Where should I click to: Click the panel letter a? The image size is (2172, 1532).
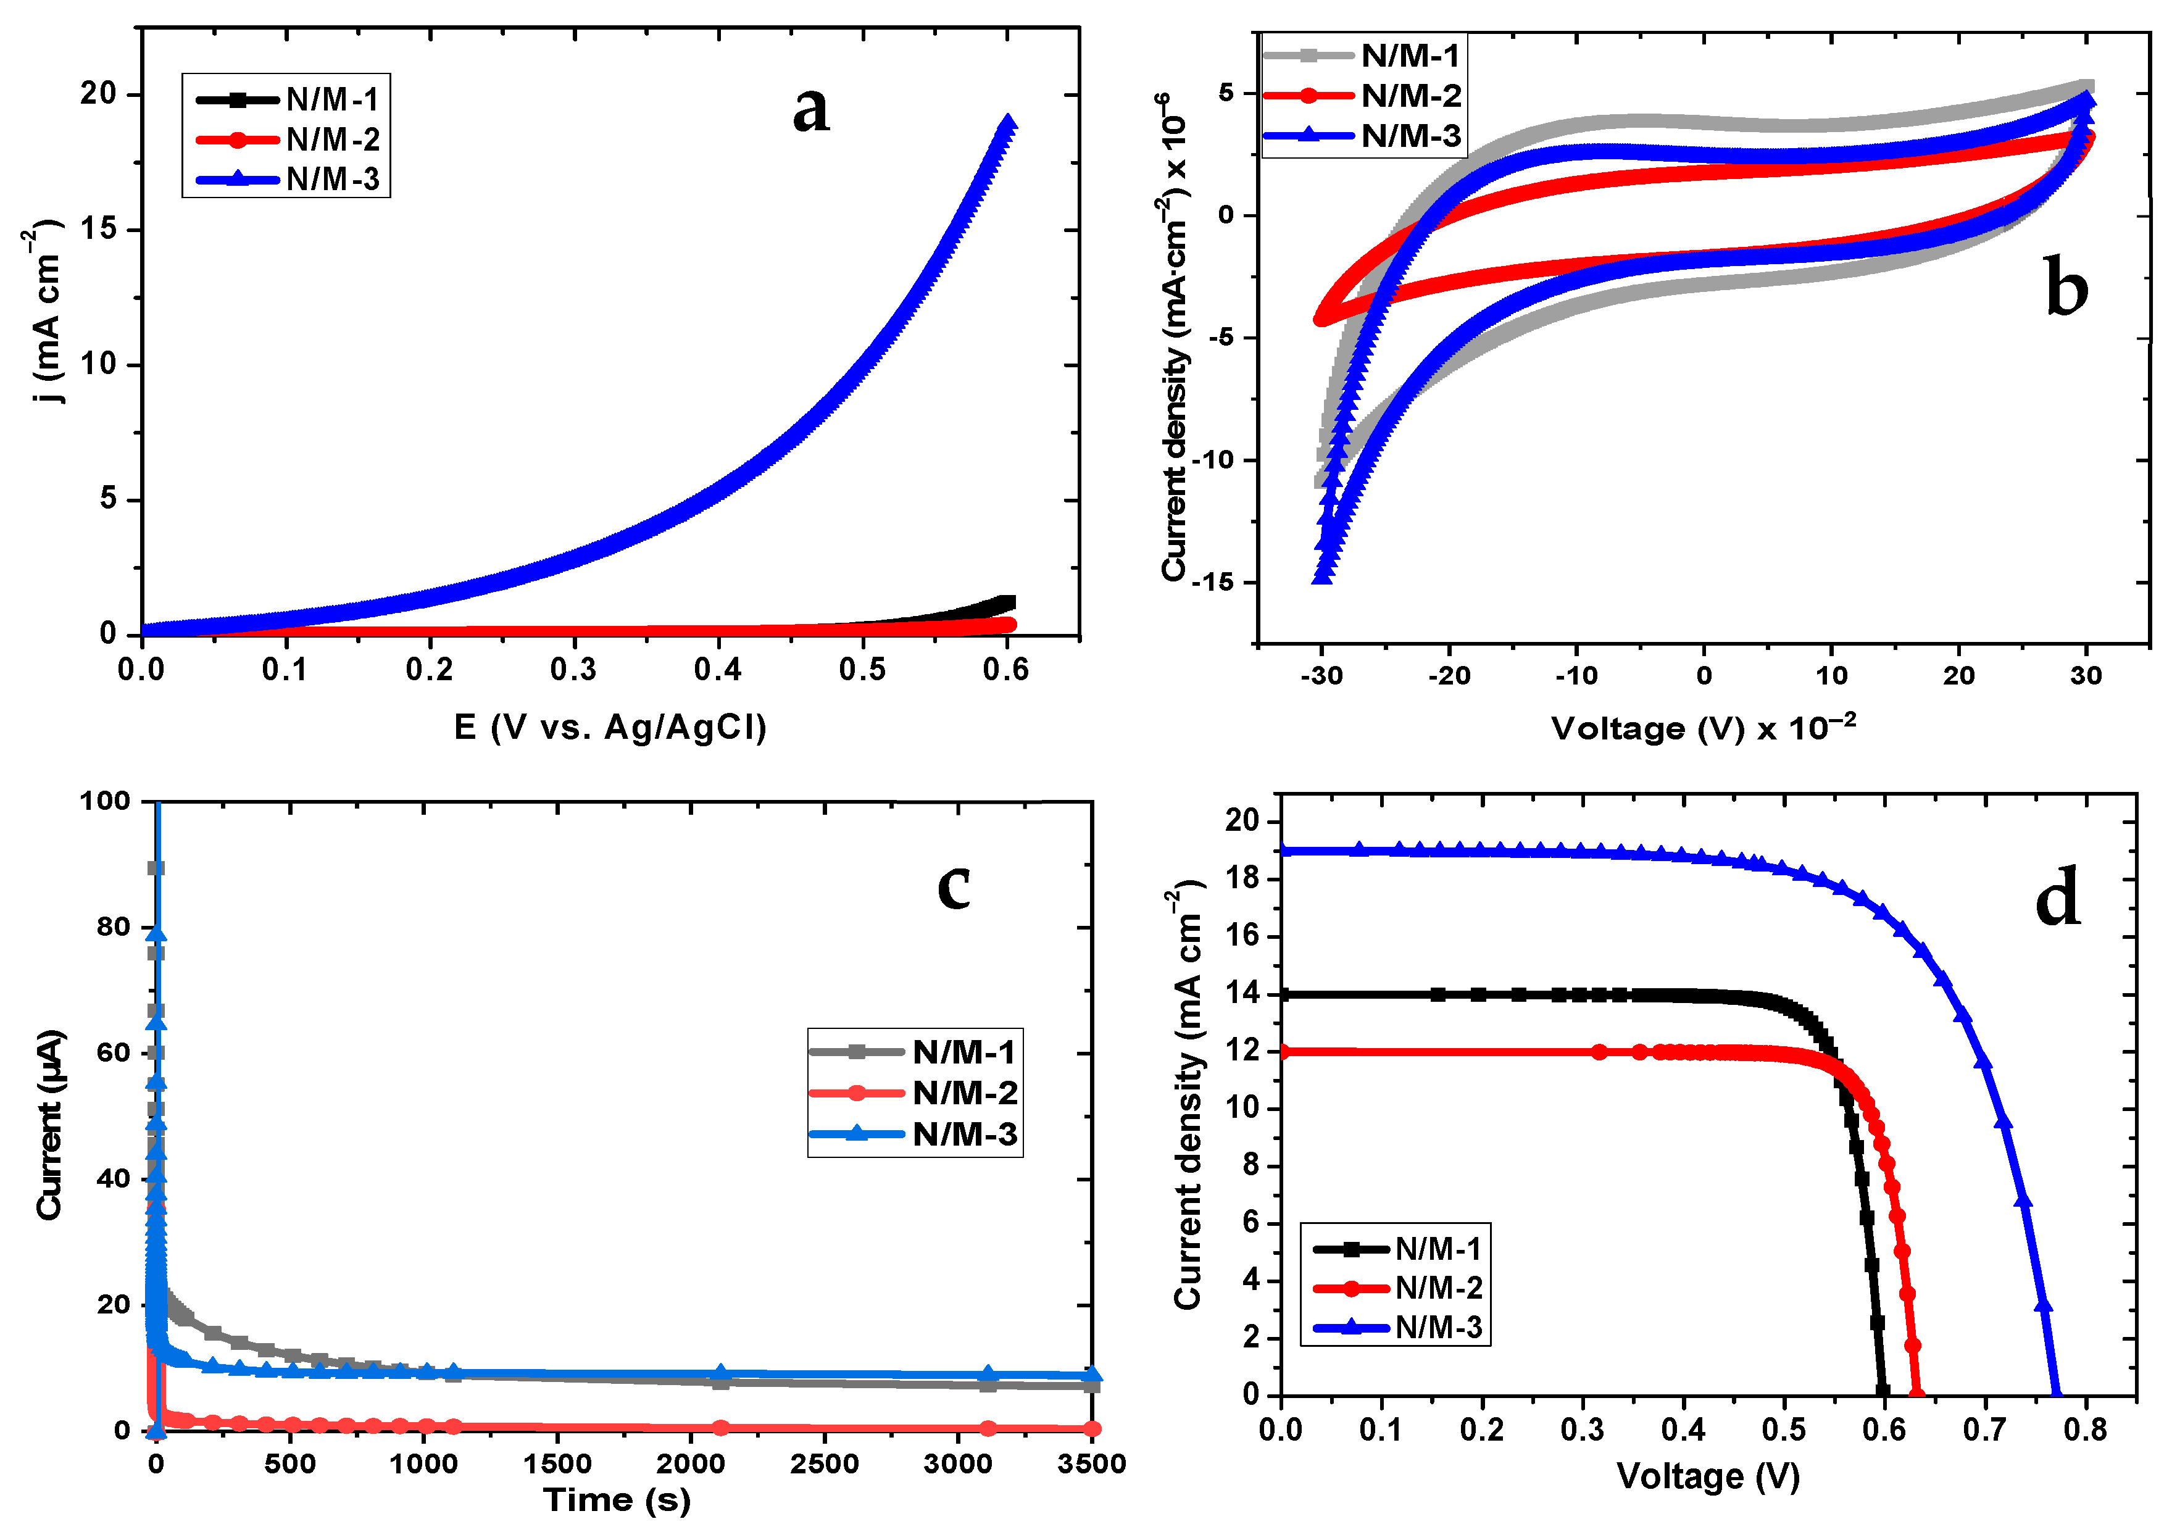point(810,109)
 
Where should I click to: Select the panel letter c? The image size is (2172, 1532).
point(954,886)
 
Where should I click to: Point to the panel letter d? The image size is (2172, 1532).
point(2058,897)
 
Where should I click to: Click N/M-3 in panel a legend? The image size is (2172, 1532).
point(332,179)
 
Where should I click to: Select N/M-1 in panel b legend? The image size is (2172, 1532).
point(1410,56)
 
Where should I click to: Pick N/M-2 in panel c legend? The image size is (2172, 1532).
point(965,1093)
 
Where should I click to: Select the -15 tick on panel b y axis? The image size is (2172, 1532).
point(1213,582)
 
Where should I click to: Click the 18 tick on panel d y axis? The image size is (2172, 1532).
point(1242,878)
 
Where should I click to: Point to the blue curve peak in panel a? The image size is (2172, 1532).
point(1009,123)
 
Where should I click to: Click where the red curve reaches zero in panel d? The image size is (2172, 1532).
point(1916,1393)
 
